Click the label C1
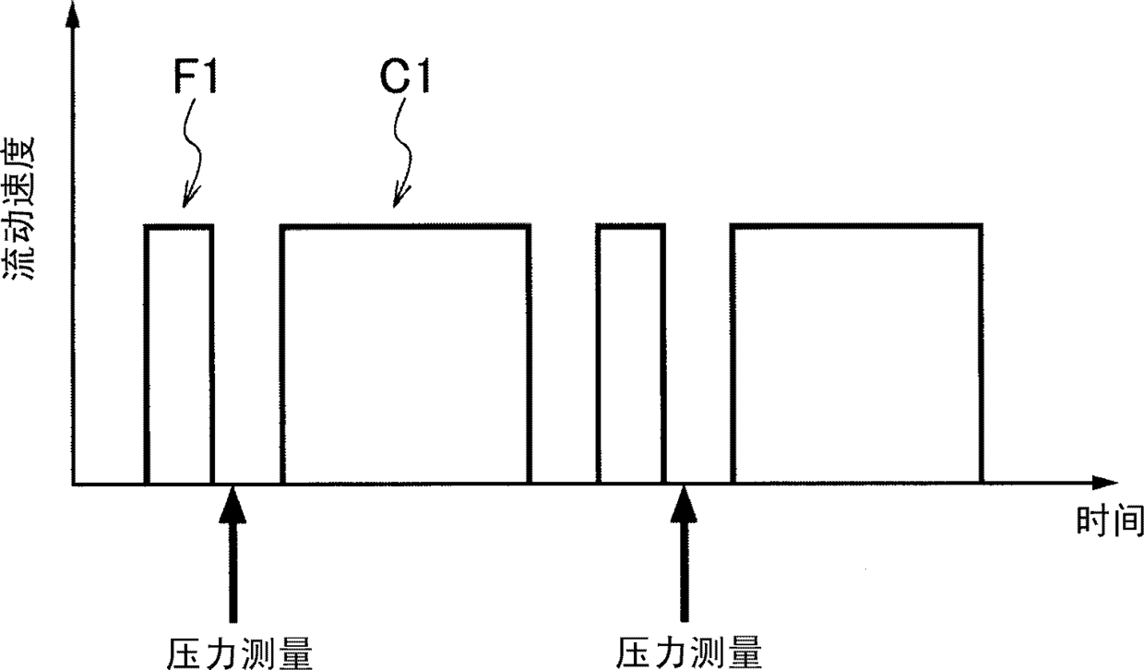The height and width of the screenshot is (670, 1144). [406, 77]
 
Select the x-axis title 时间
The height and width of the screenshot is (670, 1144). [1109, 521]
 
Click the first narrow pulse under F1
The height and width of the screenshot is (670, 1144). [179, 354]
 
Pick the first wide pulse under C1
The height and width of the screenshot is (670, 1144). [405, 354]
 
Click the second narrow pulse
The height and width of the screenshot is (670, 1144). [630, 354]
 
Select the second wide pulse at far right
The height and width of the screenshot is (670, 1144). [856, 354]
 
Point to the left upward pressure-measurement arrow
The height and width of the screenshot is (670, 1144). [232, 554]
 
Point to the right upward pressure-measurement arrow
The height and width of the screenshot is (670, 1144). [684, 554]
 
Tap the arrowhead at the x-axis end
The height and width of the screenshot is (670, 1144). [1103, 483]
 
